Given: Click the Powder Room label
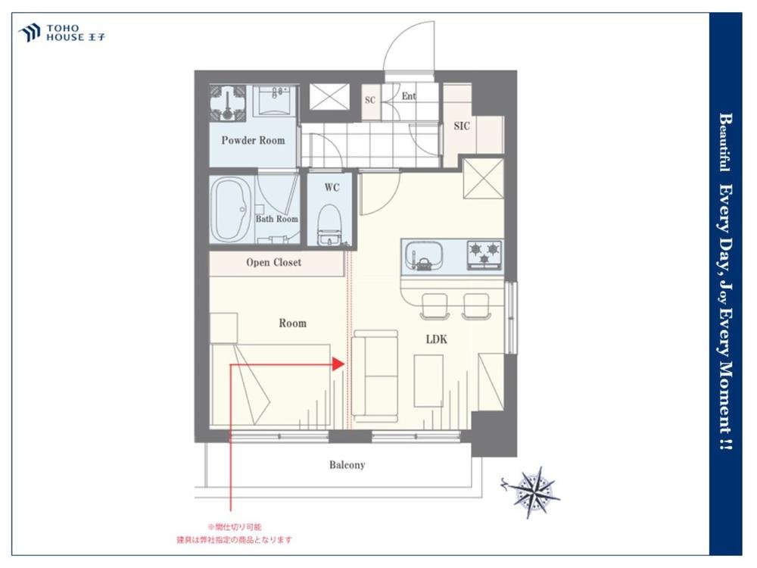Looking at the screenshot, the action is (x=253, y=141).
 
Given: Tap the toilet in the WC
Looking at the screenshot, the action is (x=329, y=225).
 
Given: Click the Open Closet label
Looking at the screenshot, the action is (x=274, y=262).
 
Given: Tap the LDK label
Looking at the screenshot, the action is (x=437, y=339).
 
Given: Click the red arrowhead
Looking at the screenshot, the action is (x=338, y=364).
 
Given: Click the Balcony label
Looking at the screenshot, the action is (x=347, y=465).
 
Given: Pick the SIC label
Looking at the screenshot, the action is (x=462, y=126).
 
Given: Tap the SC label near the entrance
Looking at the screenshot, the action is (x=370, y=100).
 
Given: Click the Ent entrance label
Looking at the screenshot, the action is (x=409, y=96).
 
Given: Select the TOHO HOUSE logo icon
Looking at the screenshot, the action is (x=30, y=33).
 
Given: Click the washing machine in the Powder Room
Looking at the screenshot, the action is (x=228, y=103).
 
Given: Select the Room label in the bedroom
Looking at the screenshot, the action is (x=292, y=323).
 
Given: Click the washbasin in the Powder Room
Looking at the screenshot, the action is (x=274, y=101).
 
